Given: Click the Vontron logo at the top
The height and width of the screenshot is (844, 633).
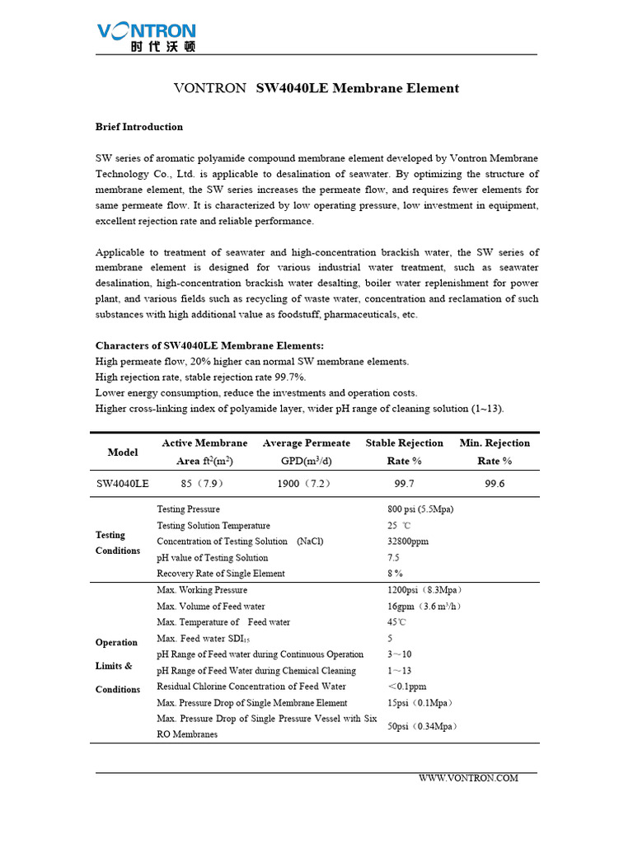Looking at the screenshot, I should pos(147,37).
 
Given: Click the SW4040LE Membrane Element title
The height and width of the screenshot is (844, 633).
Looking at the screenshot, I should pos(317,88).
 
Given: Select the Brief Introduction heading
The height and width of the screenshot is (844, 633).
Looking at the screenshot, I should pos(139,127).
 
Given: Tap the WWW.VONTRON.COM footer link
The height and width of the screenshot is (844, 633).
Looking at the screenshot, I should pos(468,778).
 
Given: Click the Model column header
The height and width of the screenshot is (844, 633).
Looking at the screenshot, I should pos(123,452).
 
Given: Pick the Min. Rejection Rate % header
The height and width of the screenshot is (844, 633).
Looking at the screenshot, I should pos(495,452).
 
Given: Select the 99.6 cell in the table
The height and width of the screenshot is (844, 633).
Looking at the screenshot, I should pos(495,484).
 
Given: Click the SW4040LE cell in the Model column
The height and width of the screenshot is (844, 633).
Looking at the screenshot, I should pos(123,484).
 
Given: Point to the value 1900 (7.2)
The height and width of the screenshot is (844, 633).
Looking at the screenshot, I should pos(304,484).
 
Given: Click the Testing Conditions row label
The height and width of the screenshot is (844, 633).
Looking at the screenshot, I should pos(118,542).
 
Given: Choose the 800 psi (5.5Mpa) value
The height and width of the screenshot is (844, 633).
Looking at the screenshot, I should pos(420,509).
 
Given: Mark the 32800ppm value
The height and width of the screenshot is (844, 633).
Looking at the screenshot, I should pos(408,542).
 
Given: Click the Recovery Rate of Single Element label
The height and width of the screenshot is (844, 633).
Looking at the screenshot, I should pos(221,574).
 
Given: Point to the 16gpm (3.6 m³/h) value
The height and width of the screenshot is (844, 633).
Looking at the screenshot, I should pos(424,607).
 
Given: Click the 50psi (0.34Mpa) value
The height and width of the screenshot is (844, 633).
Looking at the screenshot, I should pos(423,726).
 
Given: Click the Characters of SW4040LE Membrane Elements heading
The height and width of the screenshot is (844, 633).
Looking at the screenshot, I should pos(209,345).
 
